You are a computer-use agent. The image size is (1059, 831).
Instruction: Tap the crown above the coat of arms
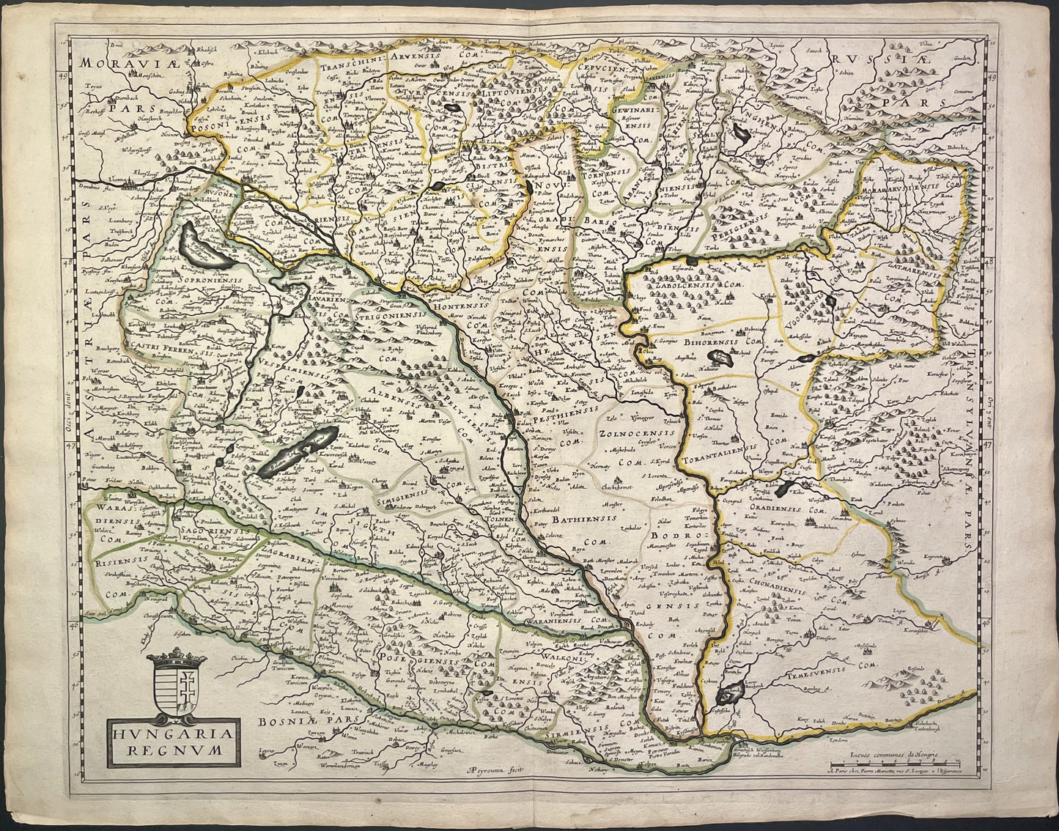[178, 656]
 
